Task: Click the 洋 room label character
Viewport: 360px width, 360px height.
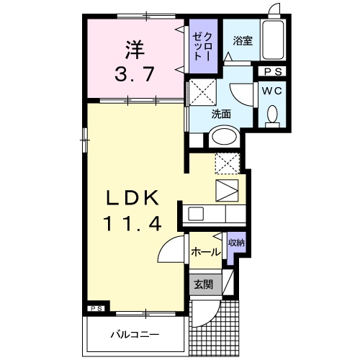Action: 135,50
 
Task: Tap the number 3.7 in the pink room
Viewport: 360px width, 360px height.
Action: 135,74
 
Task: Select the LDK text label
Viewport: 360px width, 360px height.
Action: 132,197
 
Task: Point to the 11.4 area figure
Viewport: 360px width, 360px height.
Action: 132,223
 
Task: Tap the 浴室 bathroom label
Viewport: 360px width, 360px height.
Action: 243,41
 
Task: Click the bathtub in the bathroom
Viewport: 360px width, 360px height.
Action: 273,40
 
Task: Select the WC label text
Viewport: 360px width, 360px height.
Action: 271,91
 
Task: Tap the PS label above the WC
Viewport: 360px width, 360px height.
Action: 273,71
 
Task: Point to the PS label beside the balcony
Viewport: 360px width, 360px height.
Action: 96,309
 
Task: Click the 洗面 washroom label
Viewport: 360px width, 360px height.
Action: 221,114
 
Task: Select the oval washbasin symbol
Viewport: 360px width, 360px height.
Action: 224,136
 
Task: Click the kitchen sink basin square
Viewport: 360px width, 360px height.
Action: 196,214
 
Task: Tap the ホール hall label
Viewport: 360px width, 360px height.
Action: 206,252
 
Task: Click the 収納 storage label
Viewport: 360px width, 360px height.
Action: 236,243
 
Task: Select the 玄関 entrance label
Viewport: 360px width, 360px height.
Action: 204,284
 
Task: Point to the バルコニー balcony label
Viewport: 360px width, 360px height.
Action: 135,335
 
